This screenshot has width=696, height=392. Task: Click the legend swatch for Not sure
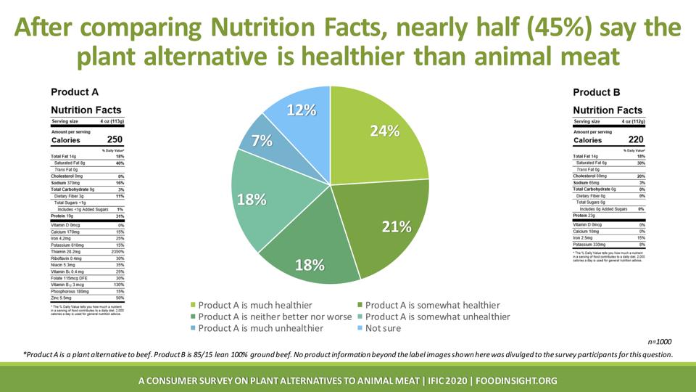tap(360, 328)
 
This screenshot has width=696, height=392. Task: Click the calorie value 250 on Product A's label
tap(115, 140)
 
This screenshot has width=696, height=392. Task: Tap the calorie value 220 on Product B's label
tap(635, 140)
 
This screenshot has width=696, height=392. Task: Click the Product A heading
tap(74, 92)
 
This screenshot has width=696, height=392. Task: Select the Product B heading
tap(596, 92)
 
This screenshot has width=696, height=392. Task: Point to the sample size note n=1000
tap(660, 340)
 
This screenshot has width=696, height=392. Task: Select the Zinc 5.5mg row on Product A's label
tap(88, 298)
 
